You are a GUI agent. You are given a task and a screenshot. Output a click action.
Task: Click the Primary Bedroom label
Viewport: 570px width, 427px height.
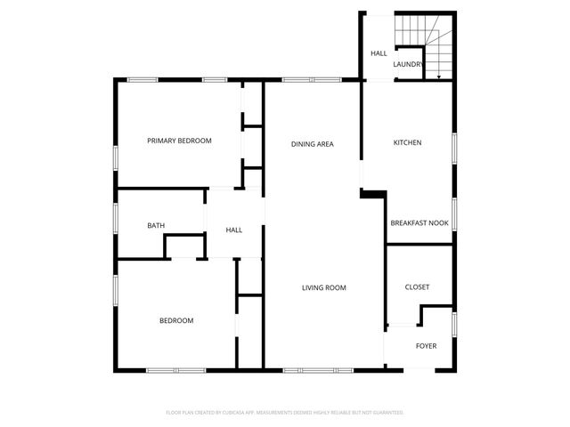point(179,141)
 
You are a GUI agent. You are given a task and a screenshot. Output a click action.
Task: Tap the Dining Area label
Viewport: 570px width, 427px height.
point(313,143)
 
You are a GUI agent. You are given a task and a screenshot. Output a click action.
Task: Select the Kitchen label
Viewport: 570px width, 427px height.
point(407,142)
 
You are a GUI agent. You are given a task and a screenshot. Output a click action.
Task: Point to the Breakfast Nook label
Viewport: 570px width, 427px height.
point(419,223)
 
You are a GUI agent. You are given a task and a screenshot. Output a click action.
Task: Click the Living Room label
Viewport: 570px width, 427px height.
point(323,287)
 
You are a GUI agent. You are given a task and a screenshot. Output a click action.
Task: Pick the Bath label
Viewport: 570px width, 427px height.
point(156,226)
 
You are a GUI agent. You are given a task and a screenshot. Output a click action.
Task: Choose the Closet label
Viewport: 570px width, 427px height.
point(417,287)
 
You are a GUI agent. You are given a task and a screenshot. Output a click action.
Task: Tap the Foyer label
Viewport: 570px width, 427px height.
point(427,345)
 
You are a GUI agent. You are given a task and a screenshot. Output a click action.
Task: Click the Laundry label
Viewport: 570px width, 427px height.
point(408,64)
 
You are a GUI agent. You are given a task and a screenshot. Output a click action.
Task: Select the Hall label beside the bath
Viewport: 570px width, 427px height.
point(234,230)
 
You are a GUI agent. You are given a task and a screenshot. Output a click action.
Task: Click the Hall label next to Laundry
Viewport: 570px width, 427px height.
point(379,53)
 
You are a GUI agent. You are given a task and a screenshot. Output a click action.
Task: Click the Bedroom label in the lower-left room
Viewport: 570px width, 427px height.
point(176,320)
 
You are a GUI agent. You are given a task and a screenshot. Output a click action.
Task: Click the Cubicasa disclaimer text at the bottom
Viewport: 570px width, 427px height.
point(285,413)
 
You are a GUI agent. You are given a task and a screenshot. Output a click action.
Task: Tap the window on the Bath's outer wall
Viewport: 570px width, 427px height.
point(116,217)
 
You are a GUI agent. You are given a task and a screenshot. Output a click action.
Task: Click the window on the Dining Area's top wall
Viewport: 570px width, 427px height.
point(312,80)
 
